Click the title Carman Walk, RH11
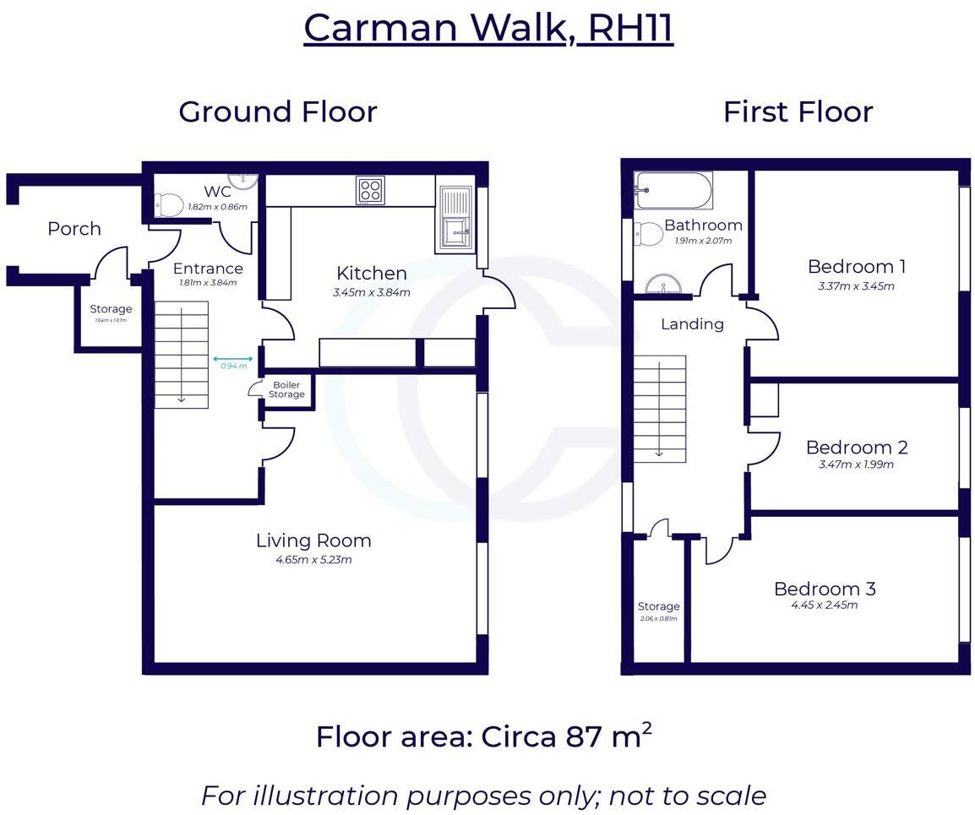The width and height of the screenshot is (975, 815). tap(487, 28)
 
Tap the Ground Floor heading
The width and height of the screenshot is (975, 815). tap(277, 111)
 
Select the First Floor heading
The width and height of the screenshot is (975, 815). tap(798, 111)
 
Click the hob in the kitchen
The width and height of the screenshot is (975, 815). tap(370, 189)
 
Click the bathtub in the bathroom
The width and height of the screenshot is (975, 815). tap(673, 190)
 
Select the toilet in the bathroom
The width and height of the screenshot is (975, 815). tap(648, 234)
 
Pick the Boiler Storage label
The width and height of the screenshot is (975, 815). tap(286, 390)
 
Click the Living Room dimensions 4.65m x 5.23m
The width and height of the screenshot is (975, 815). tap(313, 559)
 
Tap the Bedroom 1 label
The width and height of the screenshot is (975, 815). tap(856, 267)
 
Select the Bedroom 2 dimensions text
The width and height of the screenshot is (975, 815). tap(856, 465)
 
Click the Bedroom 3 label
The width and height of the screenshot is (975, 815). tap(825, 589)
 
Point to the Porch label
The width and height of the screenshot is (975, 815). tap(74, 229)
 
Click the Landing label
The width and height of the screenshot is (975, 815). tap(692, 323)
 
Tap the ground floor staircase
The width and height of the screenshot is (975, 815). tap(181, 355)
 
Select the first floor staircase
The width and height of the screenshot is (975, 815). tap(659, 408)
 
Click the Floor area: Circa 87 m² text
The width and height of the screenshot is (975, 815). tap(483, 736)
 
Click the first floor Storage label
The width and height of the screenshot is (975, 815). tap(658, 606)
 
